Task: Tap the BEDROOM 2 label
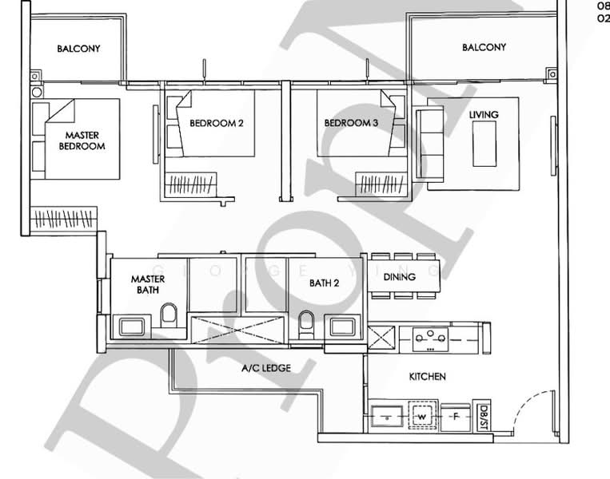click(x=216, y=123)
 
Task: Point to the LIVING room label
click(x=484, y=115)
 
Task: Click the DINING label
click(x=399, y=278)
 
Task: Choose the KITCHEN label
click(x=427, y=376)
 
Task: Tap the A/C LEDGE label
click(x=265, y=368)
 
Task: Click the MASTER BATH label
click(x=148, y=284)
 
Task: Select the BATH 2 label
click(x=325, y=283)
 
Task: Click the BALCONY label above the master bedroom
click(x=78, y=49)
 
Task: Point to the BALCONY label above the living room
click(x=484, y=48)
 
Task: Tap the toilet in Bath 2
click(x=305, y=323)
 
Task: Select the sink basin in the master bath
click(x=130, y=326)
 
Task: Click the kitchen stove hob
click(x=436, y=338)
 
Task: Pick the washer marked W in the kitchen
click(x=421, y=416)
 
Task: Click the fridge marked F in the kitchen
click(x=455, y=416)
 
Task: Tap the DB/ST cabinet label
click(x=484, y=415)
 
